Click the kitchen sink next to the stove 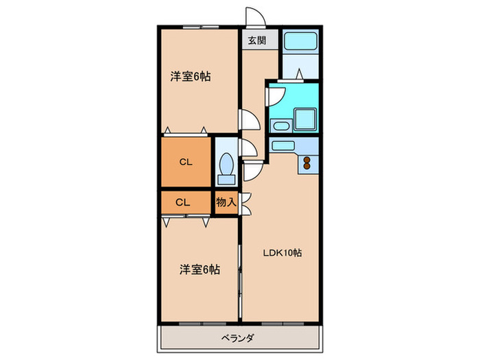click(284, 145)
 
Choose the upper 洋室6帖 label click(190, 77)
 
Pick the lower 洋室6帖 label click(200, 269)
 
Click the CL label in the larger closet click(184, 163)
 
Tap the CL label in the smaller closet click(182, 202)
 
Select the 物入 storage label click(226, 202)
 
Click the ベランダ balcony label click(238, 337)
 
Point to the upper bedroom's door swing click(249, 121)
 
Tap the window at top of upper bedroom click(201, 27)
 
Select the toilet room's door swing click(248, 149)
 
